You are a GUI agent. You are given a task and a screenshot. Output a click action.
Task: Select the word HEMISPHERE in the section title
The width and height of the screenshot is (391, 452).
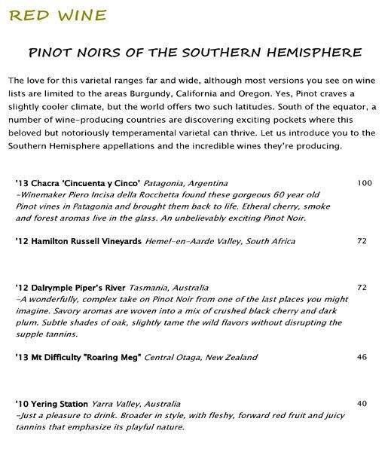click(316, 53)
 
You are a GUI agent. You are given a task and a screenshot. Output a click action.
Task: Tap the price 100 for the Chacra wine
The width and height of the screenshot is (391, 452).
click(365, 183)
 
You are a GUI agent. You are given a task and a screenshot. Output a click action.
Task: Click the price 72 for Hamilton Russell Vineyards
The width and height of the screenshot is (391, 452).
click(361, 241)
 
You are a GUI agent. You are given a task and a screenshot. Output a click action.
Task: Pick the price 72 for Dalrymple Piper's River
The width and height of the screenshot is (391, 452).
click(361, 288)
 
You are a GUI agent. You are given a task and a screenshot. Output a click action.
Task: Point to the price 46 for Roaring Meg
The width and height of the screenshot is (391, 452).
click(361, 356)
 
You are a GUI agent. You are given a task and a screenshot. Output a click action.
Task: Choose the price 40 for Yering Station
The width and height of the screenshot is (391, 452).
click(362, 404)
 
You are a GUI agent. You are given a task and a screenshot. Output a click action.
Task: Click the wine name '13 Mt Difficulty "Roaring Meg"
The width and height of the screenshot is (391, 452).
click(79, 356)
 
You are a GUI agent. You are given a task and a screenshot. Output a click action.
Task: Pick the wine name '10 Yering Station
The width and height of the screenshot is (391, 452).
click(51, 404)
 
